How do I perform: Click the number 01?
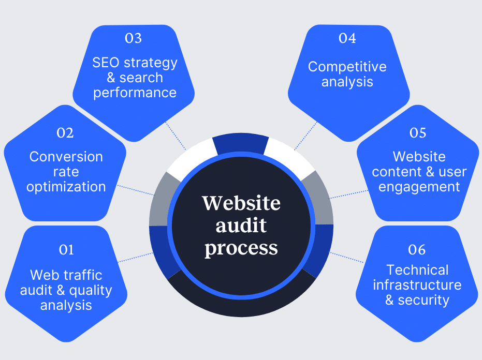coord(66,250)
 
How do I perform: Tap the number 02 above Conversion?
coord(65,133)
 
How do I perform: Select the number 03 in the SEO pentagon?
coord(134,38)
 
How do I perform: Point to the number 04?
coord(347,38)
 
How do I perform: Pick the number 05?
coord(417,133)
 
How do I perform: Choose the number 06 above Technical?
coord(417,250)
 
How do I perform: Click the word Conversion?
coord(66,157)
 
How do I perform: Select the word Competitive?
coord(347,67)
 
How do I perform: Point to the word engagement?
coord(419,186)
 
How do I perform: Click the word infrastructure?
coord(417,285)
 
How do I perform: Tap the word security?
coord(423,300)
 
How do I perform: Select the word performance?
coord(135,93)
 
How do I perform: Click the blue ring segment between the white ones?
coord(241,144)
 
